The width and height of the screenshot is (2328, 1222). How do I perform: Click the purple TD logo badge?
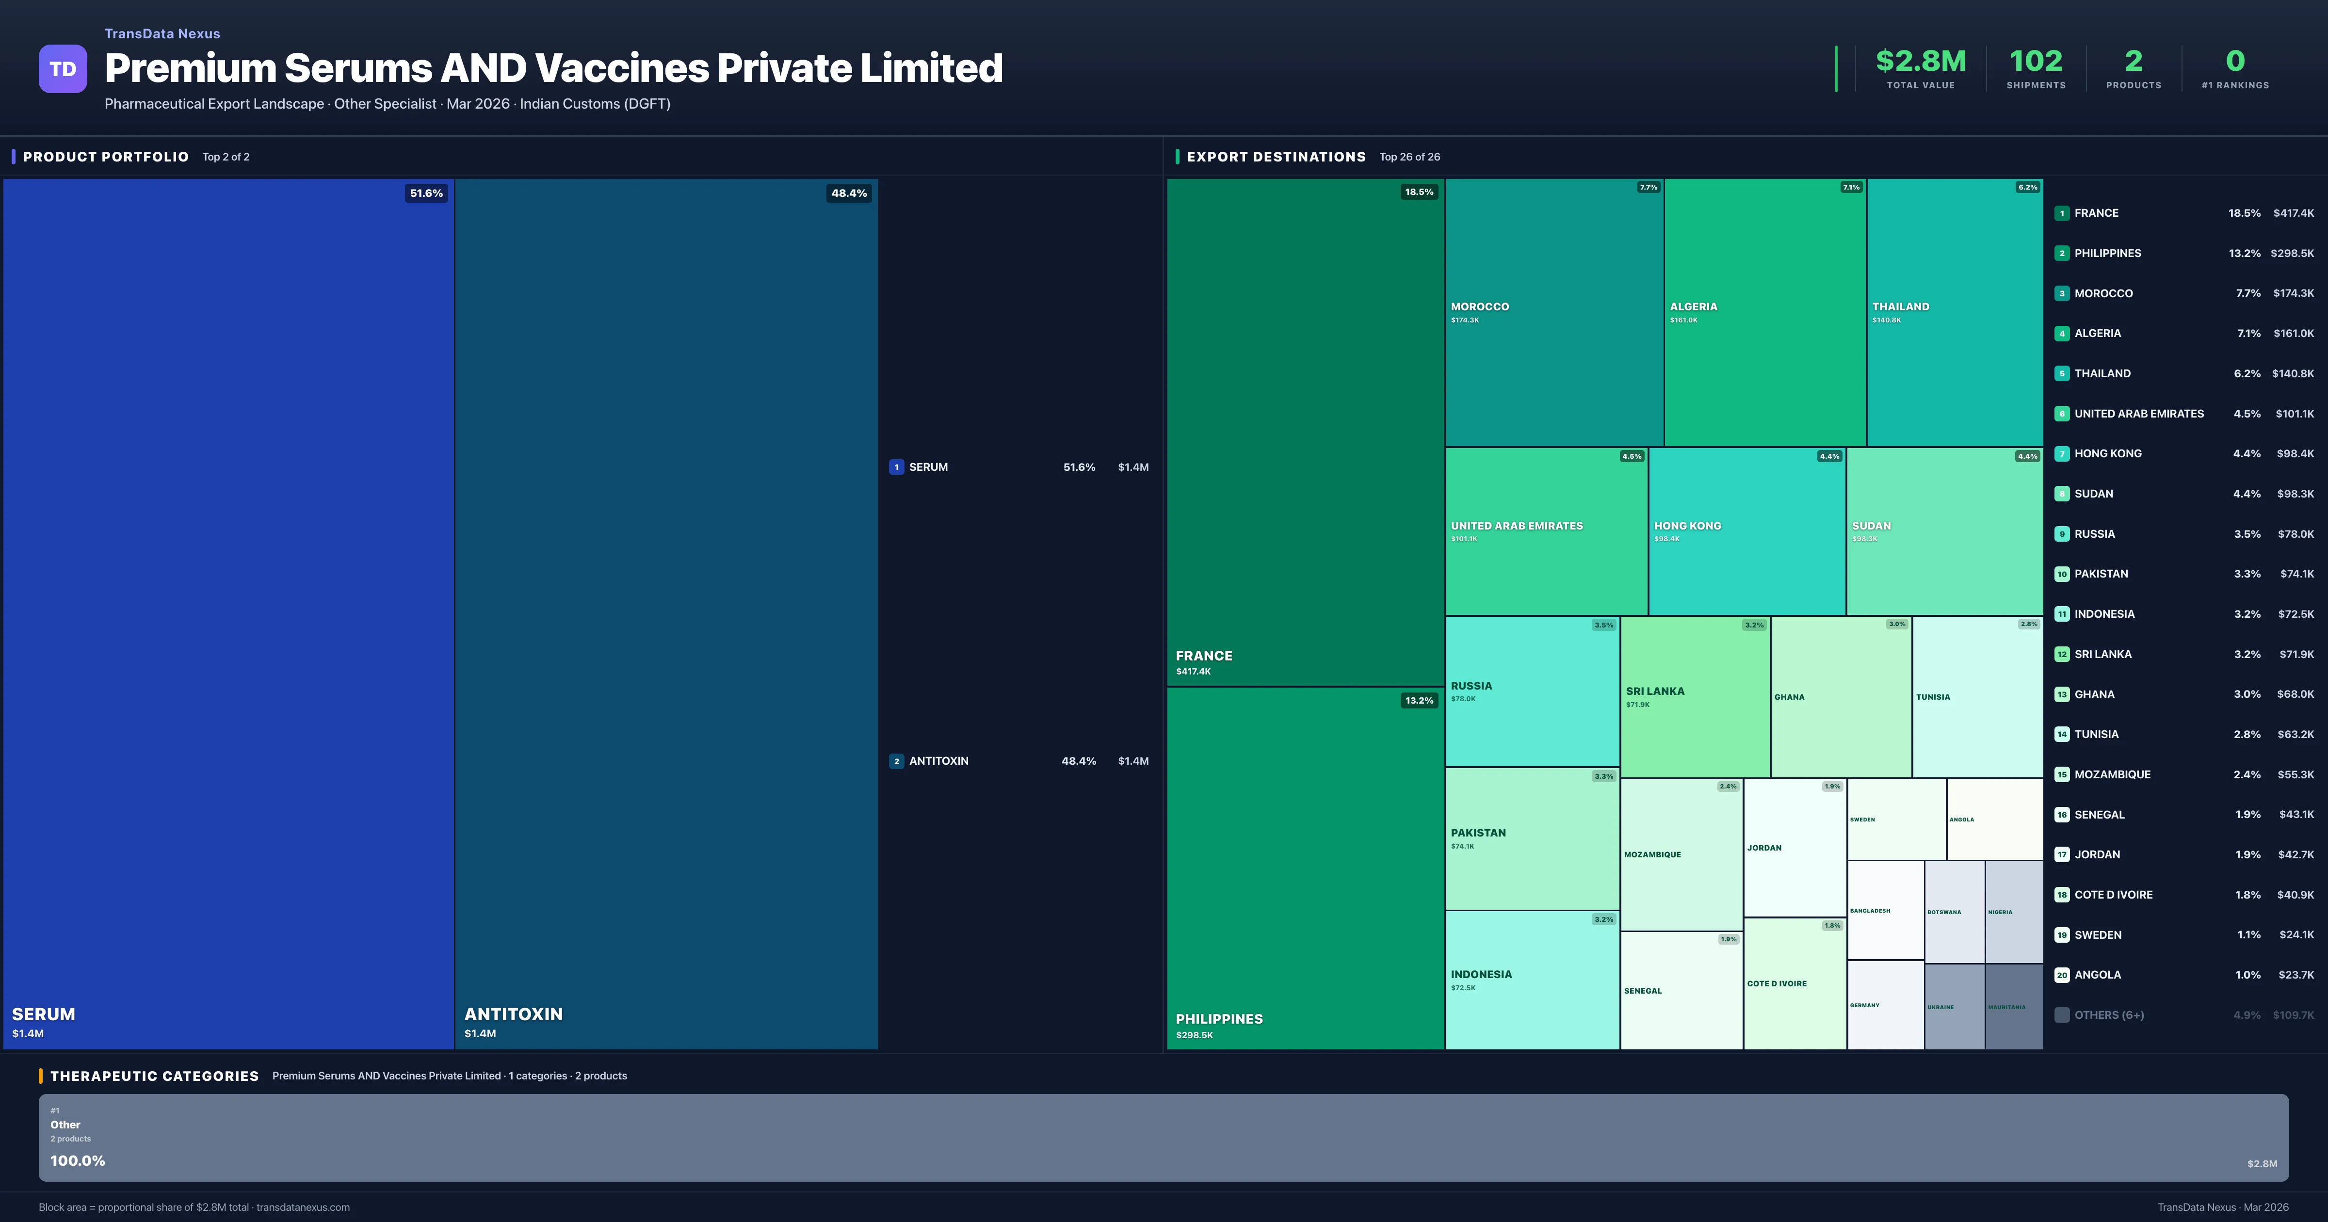tap(63, 69)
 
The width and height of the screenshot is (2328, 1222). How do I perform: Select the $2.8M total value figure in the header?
tap(1921, 62)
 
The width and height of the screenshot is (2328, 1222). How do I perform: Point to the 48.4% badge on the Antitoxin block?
tap(849, 193)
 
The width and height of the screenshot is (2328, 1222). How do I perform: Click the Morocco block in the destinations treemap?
tap(1553, 312)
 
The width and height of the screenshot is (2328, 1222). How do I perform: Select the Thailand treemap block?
tap(1954, 312)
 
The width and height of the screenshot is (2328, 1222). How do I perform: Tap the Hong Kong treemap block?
tap(1746, 531)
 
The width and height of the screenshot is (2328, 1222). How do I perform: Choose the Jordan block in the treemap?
tap(1794, 848)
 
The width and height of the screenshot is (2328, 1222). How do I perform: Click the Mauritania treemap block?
tap(2014, 1006)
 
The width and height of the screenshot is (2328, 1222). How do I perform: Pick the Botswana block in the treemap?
tap(1954, 912)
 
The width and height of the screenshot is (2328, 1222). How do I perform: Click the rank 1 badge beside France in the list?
tap(2061, 213)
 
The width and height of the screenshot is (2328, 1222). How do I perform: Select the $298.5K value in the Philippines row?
tap(2292, 253)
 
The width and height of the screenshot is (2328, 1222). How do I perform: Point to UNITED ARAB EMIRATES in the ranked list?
tap(2138, 414)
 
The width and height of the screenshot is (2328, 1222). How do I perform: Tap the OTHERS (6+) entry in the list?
tap(2108, 1015)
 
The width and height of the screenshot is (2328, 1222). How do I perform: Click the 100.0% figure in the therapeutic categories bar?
tap(78, 1160)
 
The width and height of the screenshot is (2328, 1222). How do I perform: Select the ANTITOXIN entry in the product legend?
tap(938, 761)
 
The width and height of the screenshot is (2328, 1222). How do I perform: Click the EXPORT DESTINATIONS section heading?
tap(1275, 157)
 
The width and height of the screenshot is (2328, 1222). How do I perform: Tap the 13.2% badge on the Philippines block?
tap(1419, 701)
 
